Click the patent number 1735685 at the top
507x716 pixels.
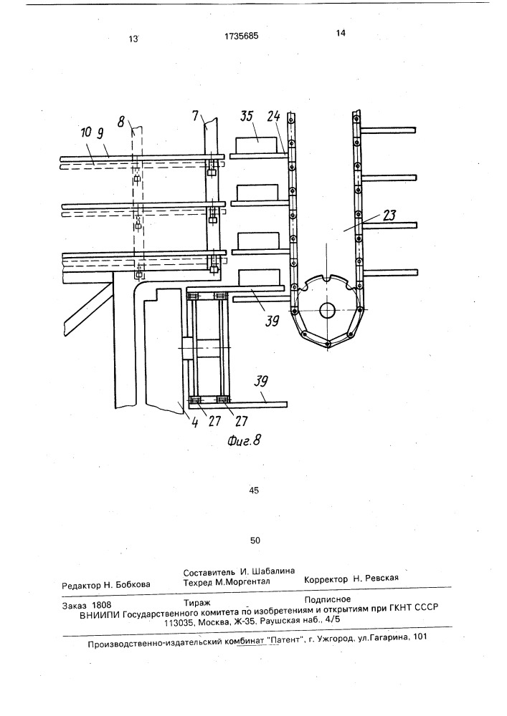tap(242, 36)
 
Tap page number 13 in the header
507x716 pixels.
tap(133, 39)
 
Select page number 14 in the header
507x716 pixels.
tap(340, 32)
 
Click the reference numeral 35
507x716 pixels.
tap(247, 116)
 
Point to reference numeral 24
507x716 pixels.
tap(274, 116)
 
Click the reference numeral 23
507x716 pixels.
tap(389, 215)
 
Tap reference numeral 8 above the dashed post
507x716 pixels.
tap(120, 122)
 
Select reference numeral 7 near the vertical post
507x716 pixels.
tap(196, 116)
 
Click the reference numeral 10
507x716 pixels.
tap(85, 133)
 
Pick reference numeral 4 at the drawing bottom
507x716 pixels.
tap(195, 422)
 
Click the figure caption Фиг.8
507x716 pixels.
tap(244, 440)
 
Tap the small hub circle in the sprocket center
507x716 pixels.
tap(327, 311)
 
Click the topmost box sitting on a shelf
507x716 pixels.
tap(256, 145)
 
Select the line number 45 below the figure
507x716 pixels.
tap(254, 490)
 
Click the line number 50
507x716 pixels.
tap(255, 540)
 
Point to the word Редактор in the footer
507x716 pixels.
tap(81, 584)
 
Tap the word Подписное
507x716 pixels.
tap(328, 599)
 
